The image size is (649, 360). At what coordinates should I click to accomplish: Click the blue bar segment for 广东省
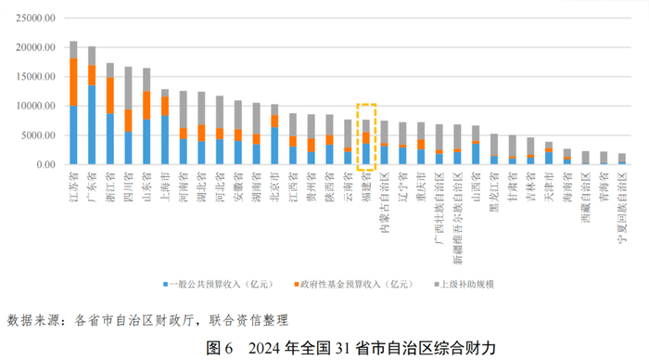(92, 124)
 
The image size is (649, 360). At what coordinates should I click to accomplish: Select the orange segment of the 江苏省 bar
(73, 82)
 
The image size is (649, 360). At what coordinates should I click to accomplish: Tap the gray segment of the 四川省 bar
(128, 88)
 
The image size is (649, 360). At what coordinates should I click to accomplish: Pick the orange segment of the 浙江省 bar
(110, 96)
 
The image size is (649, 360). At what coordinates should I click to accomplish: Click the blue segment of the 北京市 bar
(274, 146)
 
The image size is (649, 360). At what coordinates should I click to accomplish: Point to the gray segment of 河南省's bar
(183, 109)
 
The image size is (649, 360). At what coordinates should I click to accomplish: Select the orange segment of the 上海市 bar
(165, 106)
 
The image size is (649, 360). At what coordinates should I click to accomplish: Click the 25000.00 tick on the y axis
(35, 19)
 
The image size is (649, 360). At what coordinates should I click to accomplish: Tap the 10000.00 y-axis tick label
(35, 106)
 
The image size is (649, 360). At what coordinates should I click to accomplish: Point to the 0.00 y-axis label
(45, 165)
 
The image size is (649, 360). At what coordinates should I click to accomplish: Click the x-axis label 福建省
(366, 186)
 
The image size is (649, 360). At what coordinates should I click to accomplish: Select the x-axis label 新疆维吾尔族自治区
(457, 218)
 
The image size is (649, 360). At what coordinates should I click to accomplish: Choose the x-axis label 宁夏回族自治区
(622, 208)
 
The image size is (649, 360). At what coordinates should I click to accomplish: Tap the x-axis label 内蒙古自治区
(385, 202)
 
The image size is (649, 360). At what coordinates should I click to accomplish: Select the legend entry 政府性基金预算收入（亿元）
(354, 284)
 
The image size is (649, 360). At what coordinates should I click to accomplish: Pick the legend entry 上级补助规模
(464, 284)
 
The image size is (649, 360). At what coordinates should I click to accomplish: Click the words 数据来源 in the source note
(33, 320)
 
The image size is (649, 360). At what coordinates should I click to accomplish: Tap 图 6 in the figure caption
(220, 348)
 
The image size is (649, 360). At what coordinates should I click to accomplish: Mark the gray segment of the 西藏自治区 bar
(586, 158)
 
